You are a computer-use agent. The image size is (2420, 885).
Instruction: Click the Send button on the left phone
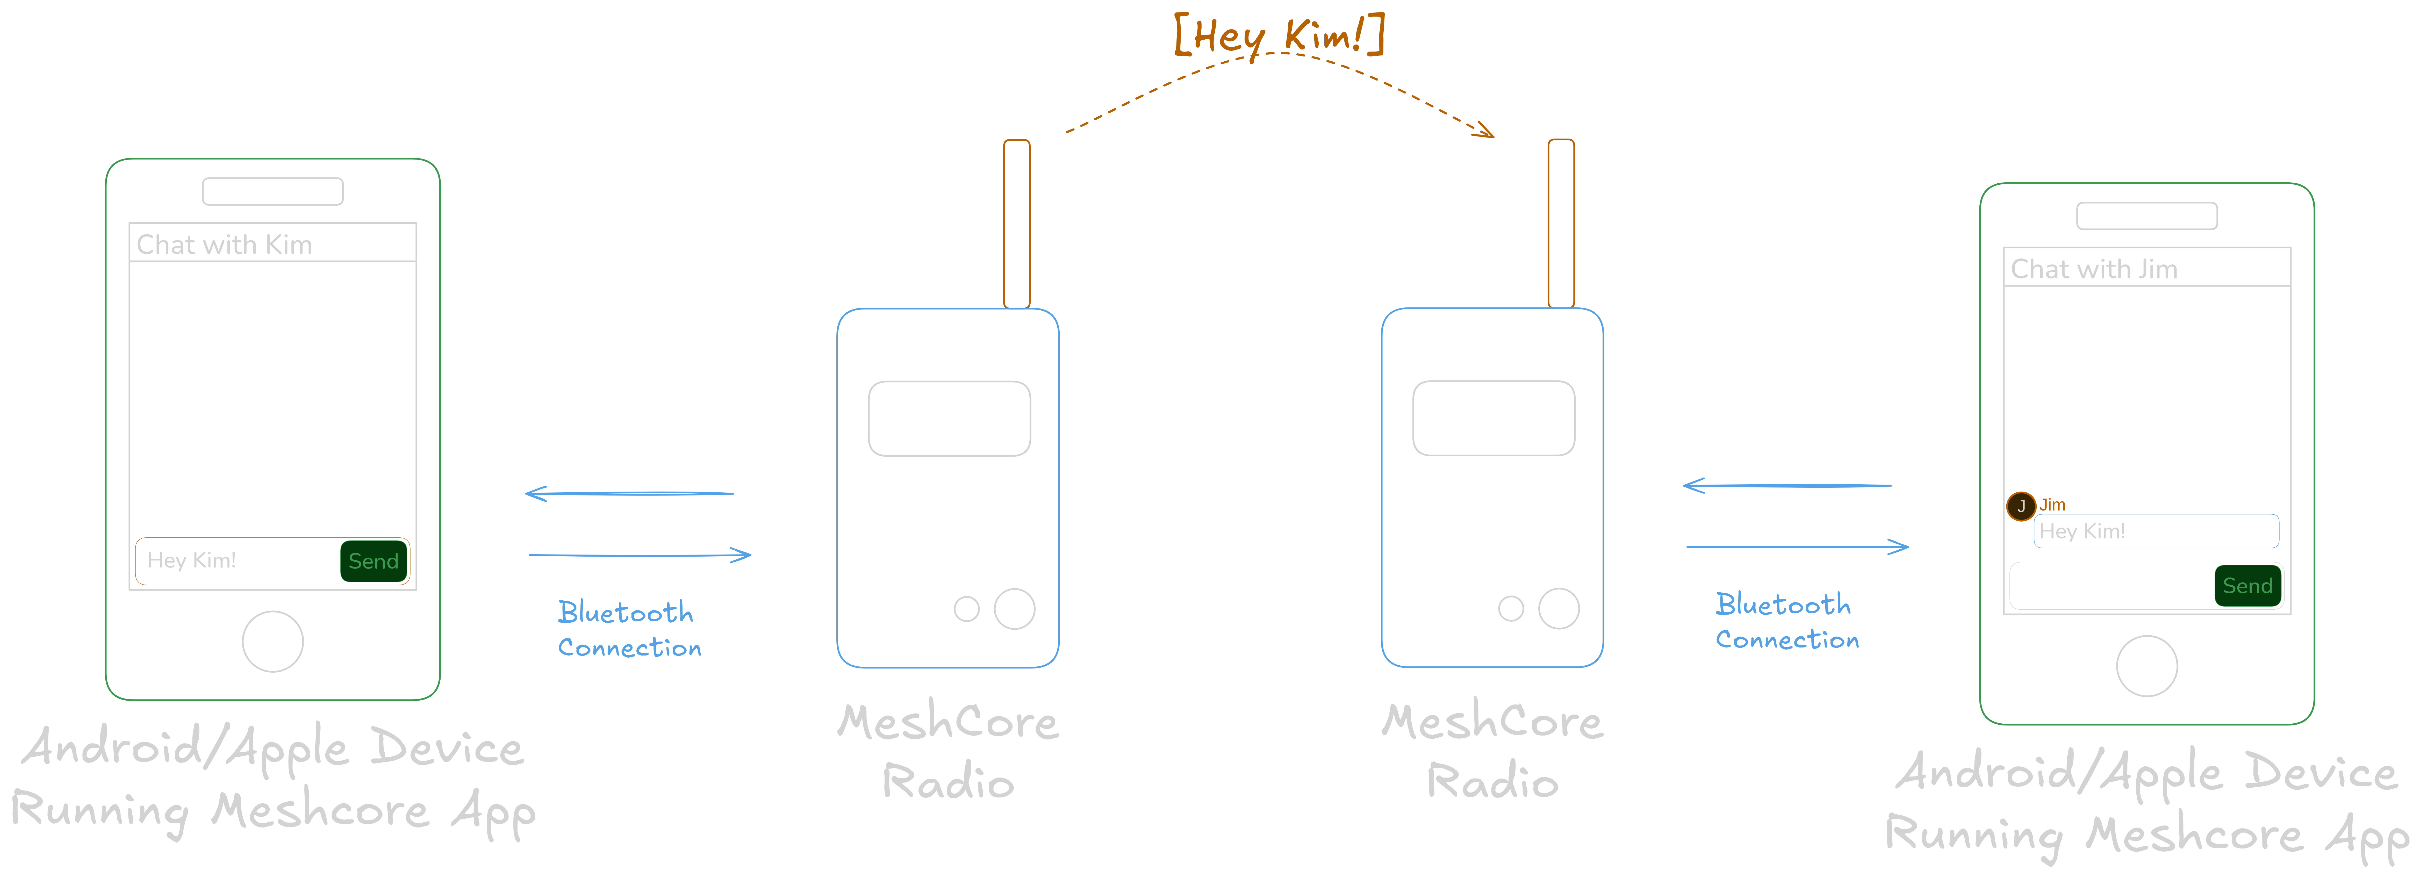pyautogui.click(x=373, y=561)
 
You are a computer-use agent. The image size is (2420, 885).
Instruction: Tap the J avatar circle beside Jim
pyautogui.click(x=2021, y=506)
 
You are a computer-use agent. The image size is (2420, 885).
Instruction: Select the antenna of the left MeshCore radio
pyautogui.click(x=1016, y=224)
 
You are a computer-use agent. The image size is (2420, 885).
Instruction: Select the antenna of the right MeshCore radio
pyautogui.click(x=1560, y=224)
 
